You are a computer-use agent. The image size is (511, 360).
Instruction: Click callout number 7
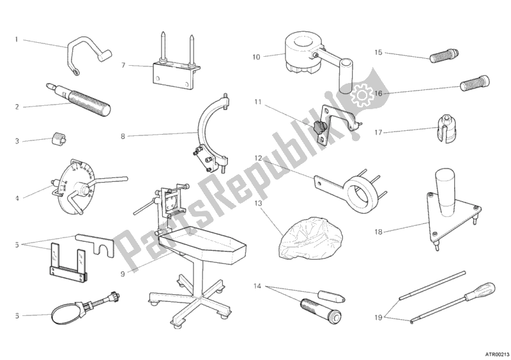(x=123, y=66)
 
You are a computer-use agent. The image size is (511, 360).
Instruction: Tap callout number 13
(x=258, y=203)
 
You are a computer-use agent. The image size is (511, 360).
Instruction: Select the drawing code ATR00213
(x=498, y=354)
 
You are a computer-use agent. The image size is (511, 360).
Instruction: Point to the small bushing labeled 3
(x=58, y=140)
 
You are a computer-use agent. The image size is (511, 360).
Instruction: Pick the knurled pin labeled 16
(x=475, y=83)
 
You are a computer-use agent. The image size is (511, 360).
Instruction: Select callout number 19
(x=378, y=317)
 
